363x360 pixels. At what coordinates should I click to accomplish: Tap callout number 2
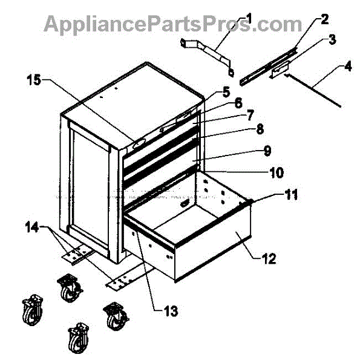324,19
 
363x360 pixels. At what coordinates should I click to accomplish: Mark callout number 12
269,259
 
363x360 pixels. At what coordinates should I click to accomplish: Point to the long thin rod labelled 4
315,90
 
